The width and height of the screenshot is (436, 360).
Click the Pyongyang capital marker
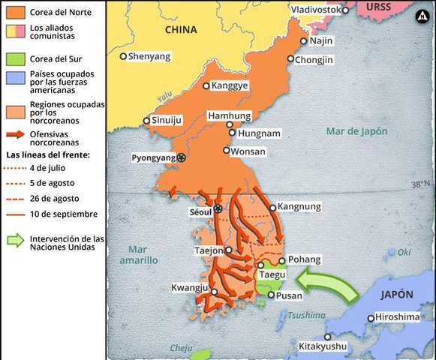click(x=181, y=157)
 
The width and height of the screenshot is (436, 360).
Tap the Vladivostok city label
click(x=315, y=9)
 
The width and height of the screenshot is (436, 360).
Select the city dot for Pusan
click(x=271, y=295)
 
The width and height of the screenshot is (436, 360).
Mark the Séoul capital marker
click(x=218, y=208)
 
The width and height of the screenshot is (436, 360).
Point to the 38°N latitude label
click(x=421, y=184)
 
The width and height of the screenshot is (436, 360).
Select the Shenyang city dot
click(x=124, y=56)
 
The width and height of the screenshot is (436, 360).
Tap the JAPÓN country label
click(x=399, y=295)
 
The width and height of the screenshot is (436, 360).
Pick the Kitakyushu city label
click(x=323, y=346)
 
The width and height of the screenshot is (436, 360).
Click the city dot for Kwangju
click(x=214, y=292)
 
